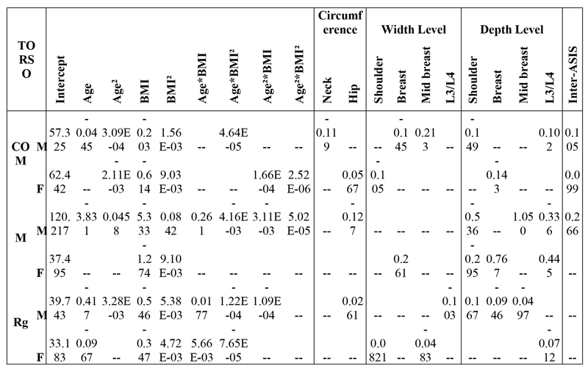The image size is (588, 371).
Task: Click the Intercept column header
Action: coord(60,79)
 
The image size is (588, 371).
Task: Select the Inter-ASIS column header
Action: coord(573,74)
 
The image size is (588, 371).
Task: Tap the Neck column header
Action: coord(327,90)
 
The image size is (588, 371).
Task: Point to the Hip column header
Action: coord(353,93)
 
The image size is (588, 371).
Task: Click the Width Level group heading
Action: coord(413,29)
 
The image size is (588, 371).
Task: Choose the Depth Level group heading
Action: coord(512,29)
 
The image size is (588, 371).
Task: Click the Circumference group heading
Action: coord(340,22)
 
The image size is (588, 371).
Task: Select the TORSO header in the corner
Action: coord(26,60)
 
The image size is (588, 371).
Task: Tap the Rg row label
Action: coord(21,322)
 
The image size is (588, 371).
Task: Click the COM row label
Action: coord(21,154)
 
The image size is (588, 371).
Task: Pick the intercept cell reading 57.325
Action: coord(60,140)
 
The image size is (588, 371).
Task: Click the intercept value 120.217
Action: coord(60,224)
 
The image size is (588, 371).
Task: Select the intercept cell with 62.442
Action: coord(60,181)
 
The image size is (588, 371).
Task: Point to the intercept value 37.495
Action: coord(60,266)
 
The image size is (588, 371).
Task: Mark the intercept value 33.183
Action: coord(60,350)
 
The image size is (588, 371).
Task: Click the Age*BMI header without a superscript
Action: coord(202,78)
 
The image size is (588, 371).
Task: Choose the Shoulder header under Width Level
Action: coord(379,79)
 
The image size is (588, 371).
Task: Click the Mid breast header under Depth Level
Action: coord(523,75)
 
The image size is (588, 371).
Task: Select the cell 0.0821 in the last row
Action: coord(378,350)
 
